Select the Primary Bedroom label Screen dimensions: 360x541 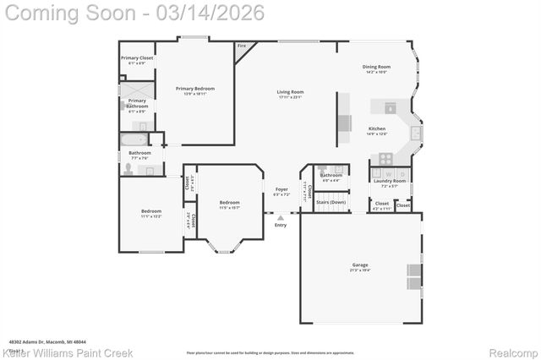194,89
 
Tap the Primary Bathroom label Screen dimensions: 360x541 137,102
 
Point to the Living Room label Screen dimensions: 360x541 290,92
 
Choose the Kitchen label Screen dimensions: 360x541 376,129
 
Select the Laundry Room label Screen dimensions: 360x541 393,180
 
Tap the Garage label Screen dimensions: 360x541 360,265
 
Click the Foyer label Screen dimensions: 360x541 281,190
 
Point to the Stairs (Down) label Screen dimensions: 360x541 331,203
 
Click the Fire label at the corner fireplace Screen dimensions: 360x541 241,46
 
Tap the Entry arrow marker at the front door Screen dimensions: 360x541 281,217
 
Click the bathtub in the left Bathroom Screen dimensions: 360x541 134,139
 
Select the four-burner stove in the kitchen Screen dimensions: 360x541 385,157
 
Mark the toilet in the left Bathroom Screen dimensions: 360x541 127,169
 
